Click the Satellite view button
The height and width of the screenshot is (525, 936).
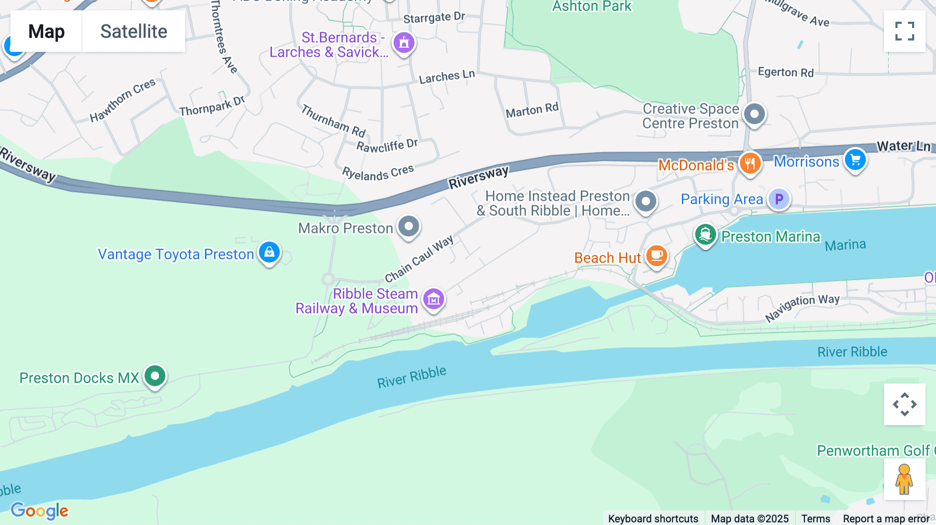[134, 32]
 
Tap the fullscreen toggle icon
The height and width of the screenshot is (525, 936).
[904, 31]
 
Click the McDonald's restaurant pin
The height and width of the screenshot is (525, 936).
[750, 163]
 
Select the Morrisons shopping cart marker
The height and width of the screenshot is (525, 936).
[855, 160]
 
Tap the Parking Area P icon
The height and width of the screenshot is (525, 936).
[779, 199]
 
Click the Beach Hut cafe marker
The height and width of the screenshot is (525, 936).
[657, 256]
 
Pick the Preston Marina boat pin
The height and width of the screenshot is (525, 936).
[705, 235]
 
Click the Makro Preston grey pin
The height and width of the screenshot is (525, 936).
[409, 227]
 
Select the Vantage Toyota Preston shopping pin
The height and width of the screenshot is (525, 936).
[269, 253]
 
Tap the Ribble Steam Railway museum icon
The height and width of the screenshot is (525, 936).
[434, 299]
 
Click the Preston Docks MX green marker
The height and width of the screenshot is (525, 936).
[154, 376]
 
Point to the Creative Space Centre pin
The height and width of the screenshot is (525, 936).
[755, 114]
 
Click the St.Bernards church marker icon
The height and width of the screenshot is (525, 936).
[404, 43]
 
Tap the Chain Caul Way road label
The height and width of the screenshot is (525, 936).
[419, 258]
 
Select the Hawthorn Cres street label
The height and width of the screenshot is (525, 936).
[122, 100]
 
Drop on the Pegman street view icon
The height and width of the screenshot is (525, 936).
[904, 479]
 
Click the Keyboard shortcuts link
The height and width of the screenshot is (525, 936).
[653, 518]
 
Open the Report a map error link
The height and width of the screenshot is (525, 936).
[886, 518]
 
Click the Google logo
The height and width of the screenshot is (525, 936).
[40, 510]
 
